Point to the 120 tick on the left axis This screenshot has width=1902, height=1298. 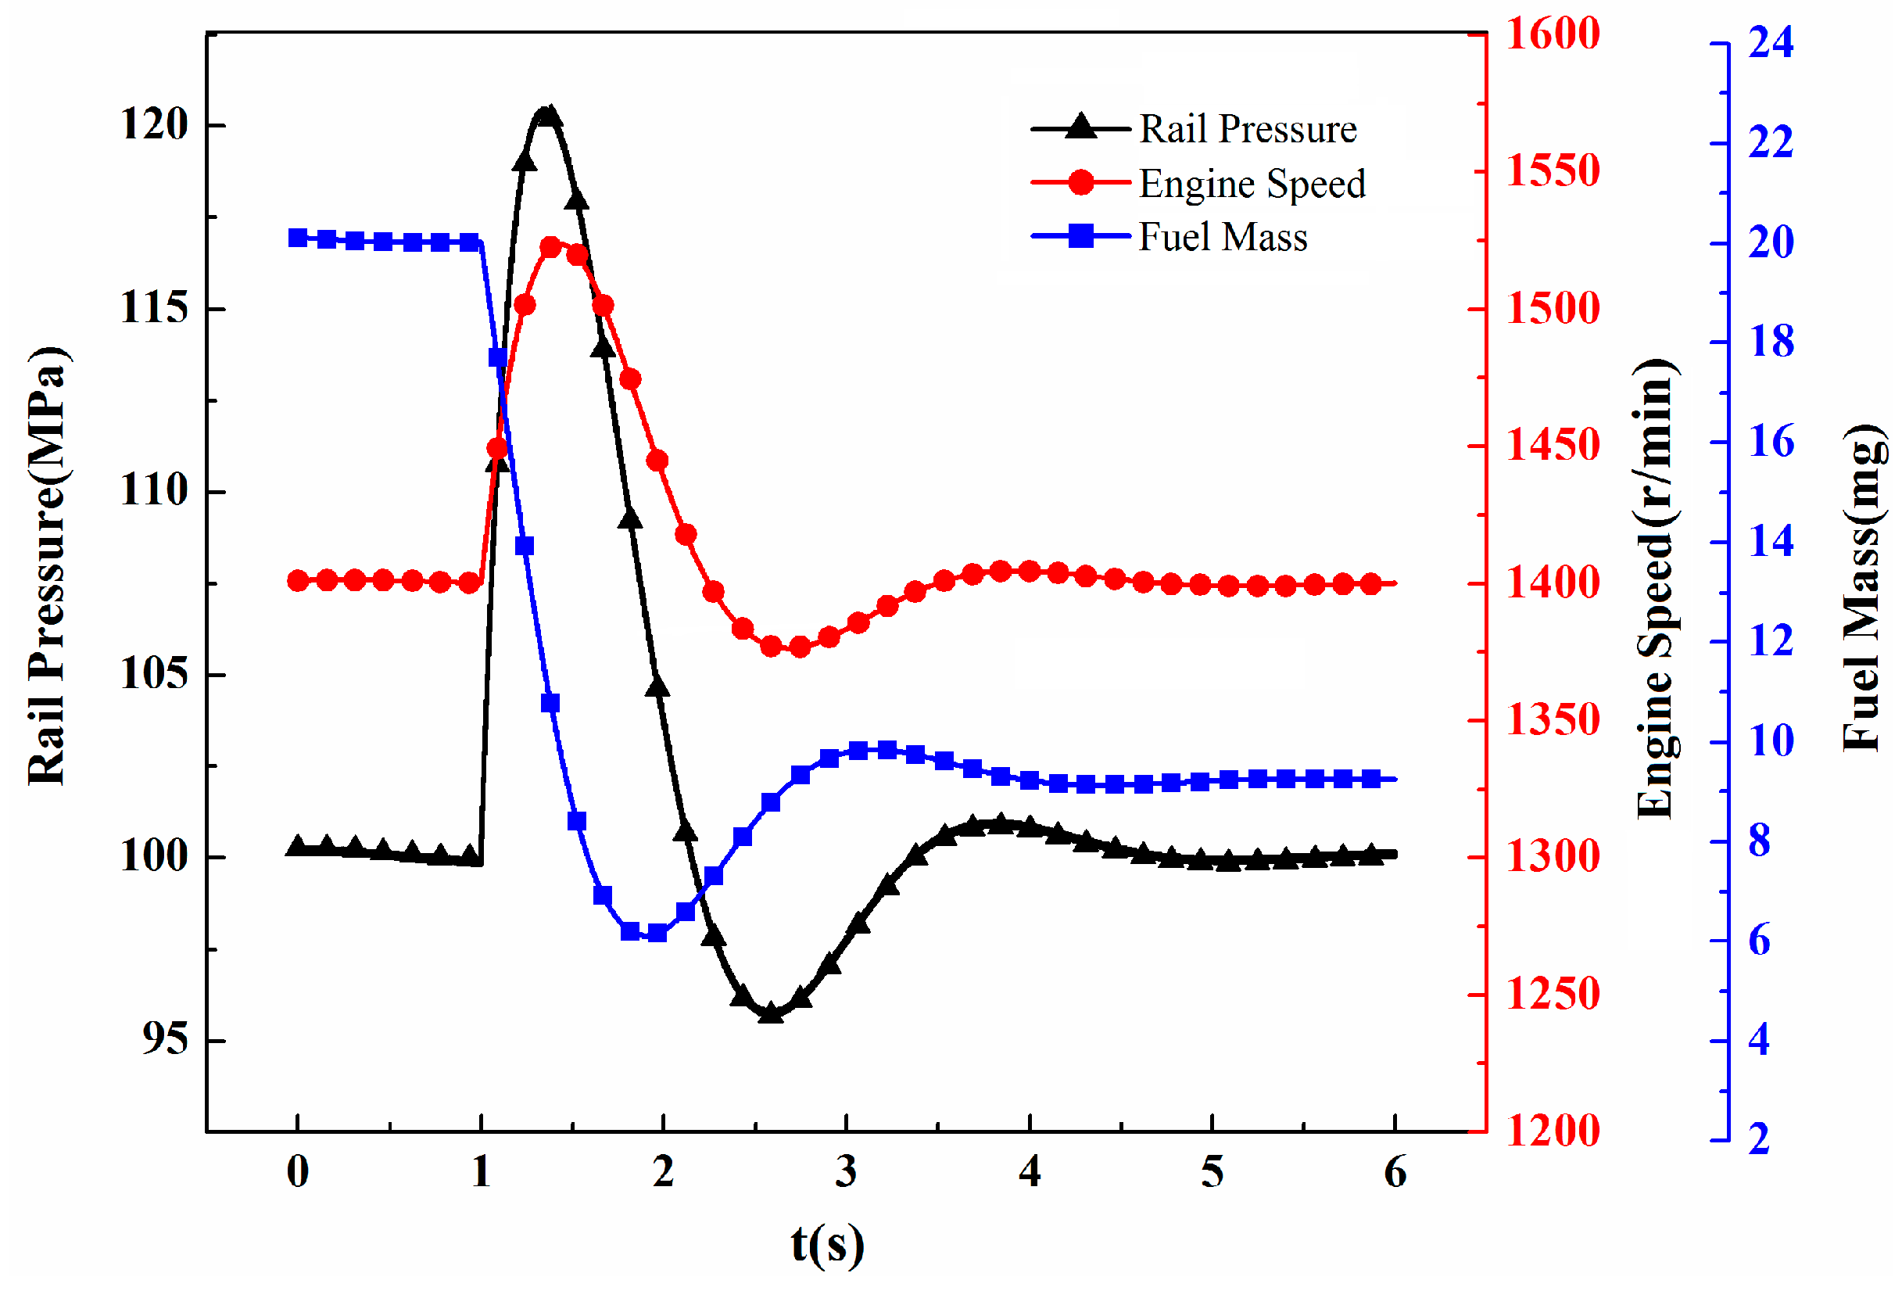pos(155,125)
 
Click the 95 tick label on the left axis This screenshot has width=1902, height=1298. pos(164,1039)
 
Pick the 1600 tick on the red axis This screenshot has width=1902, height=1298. pos(1553,34)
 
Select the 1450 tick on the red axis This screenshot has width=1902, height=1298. pos(1553,446)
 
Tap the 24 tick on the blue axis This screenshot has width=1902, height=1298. pos(1770,42)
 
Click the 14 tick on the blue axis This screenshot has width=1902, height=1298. pos(1770,541)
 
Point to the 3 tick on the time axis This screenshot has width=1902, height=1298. pos(846,1172)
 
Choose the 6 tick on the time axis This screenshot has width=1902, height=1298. pos(1395,1172)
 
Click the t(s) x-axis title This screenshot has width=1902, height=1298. pos(827,1244)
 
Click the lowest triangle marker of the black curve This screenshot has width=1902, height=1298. pos(770,1013)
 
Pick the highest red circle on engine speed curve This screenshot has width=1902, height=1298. pos(551,247)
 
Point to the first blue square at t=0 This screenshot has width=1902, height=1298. pos(298,238)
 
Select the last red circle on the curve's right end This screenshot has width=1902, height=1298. pos(1372,583)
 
